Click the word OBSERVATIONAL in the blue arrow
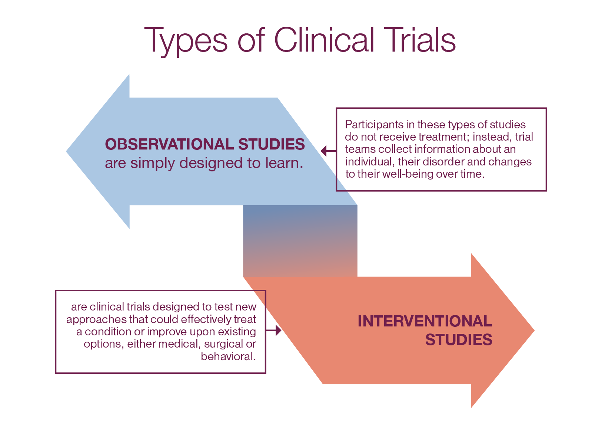pos(169,144)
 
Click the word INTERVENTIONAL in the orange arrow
pos(425,321)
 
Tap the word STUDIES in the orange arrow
pos(459,340)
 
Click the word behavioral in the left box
pos(227,356)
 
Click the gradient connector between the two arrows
pos(300,241)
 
